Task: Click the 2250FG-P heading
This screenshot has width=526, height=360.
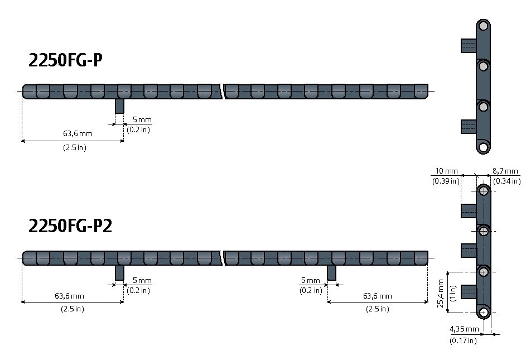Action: [x=65, y=60]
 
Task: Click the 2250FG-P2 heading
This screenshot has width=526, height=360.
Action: [x=70, y=225]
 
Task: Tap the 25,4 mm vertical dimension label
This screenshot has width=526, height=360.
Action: [x=441, y=293]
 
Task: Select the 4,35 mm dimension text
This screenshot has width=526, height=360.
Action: [x=464, y=329]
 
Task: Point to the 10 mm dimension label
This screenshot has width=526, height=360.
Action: [x=446, y=171]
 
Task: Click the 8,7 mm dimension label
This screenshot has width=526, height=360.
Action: [x=505, y=171]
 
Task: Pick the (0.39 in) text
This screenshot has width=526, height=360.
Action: [x=446, y=181]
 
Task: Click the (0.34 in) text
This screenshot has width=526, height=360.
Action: [x=507, y=181]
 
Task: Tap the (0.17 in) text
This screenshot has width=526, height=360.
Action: [x=463, y=340]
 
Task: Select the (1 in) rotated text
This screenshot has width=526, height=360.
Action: [x=452, y=293]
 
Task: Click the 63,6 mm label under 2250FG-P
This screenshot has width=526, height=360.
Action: [x=78, y=133]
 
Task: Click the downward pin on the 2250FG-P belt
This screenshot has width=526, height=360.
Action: [x=119, y=106]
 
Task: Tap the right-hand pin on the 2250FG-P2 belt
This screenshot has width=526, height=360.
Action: [x=331, y=273]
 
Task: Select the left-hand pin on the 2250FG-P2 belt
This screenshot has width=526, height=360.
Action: [x=119, y=273]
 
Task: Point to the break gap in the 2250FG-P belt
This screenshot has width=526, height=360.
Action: [x=223, y=92]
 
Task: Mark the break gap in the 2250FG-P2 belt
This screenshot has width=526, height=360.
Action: [x=223, y=258]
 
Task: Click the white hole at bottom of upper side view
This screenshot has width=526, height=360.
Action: [x=483, y=147]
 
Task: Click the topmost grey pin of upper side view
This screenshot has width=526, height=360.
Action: [x=483, y=26]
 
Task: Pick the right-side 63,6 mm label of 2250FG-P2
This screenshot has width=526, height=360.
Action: [x=378, y=296]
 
